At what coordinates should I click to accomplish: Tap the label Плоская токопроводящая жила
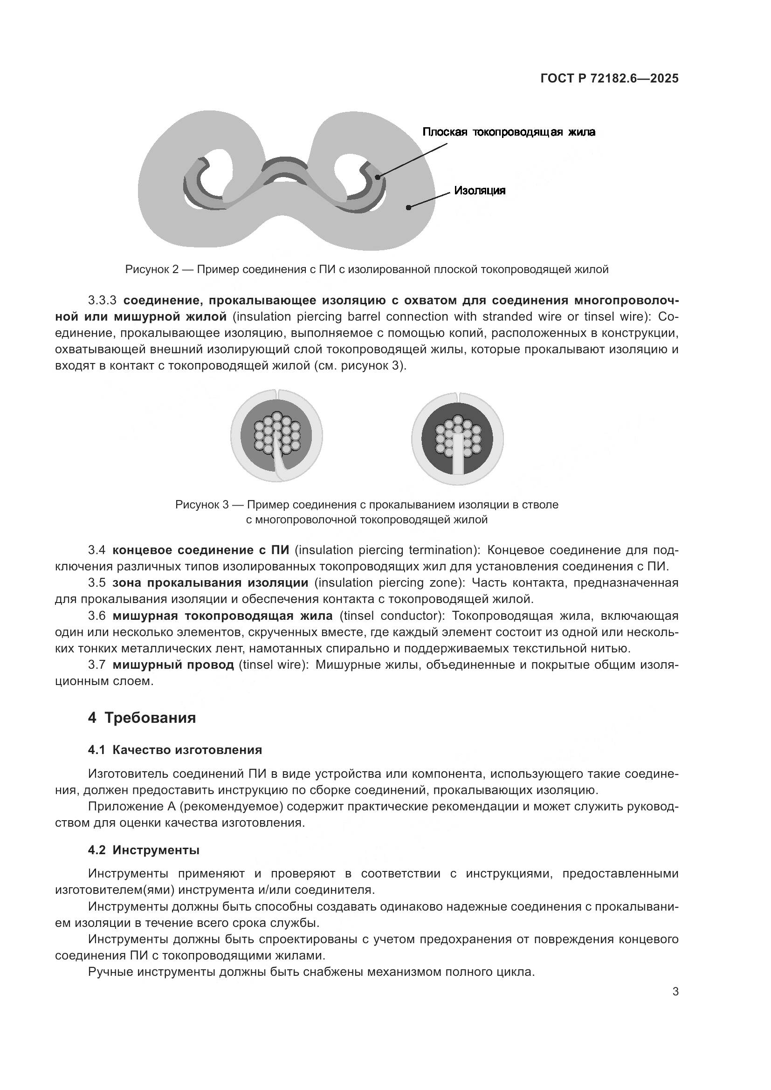pos(509,132)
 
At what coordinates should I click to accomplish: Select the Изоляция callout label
pos(480,191)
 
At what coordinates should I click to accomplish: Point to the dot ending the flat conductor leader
pos(378,177)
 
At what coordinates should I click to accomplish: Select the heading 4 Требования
pos(142,717)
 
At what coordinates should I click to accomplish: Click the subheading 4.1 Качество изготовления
pos(175,750)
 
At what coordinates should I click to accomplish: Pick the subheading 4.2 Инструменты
pos(144,850)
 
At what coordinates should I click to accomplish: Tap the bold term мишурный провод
pos(173,665)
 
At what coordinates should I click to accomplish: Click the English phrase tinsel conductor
pos(392,616)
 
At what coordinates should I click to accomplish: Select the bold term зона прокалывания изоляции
pos(210,583)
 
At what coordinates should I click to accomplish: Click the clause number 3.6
pos(96,616)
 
